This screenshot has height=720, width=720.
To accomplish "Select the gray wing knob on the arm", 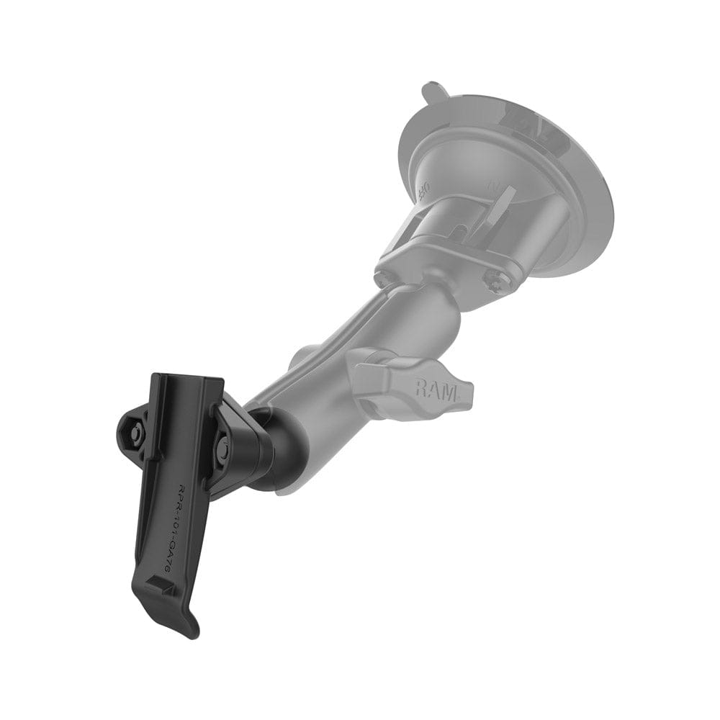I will pos(413,378).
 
